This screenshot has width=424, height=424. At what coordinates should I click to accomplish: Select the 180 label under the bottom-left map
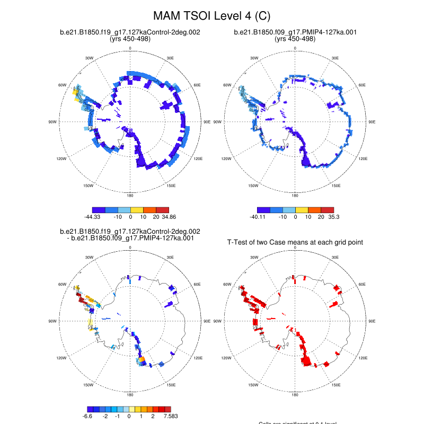click(x=130, y=395)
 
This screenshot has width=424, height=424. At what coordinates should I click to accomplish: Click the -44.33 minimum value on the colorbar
click(x=93, y=217)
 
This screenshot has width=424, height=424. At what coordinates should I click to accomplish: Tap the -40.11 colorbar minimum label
click(x=258, y=217)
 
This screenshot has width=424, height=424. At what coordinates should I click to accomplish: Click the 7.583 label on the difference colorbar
click(x=170, y=416)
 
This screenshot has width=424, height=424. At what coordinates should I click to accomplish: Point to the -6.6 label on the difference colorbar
click(x=88, y=416)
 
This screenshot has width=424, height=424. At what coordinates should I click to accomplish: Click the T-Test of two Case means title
click(x=295, y=242)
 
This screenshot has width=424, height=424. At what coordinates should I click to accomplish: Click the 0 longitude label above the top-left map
click(x=130, y=49)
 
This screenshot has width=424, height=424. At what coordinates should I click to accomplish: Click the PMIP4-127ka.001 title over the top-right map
click(x=295, y=32)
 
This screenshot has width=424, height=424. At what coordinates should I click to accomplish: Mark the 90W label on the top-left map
click(x=52, y=122)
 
